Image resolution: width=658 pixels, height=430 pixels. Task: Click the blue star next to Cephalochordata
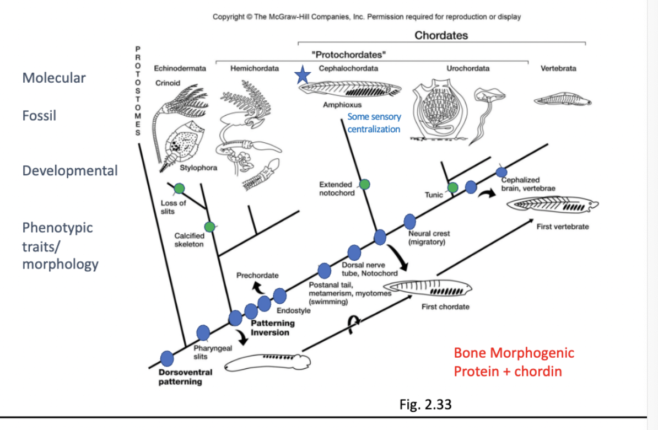coord(302,76)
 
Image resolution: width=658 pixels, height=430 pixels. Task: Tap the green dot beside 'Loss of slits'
coord(179,190)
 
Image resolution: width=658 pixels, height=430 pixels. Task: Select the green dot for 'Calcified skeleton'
coord(209,227)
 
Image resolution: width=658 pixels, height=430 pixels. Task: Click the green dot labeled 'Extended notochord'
coord(364,184)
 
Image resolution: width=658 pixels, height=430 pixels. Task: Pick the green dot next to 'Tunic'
coord(452,187)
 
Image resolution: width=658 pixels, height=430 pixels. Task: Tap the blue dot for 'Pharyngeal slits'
coord(203,333)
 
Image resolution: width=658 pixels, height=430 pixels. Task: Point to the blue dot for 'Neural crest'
coord(410,222)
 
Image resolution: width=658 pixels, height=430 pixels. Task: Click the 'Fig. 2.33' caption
coord(425,405)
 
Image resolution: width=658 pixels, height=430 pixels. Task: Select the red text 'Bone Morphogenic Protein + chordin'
coord(514,362)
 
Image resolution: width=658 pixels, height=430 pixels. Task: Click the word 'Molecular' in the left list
coord(54,78)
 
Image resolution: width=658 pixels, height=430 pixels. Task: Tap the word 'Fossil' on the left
coord(39,116)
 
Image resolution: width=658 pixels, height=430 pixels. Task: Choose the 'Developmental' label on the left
coord(70,170)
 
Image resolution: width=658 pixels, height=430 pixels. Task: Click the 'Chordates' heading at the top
coord(441,35)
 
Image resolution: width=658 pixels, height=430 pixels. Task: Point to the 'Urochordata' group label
coord(468,68)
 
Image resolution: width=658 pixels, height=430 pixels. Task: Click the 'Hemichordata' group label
coord(255,68)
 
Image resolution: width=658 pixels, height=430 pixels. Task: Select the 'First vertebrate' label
coord(563,227)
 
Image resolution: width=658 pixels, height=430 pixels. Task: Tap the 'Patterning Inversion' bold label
coord(272,327)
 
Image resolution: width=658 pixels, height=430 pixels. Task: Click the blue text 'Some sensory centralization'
coord(374,122)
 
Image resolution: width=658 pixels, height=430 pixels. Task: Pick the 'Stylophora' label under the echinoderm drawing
coord(195,167)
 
